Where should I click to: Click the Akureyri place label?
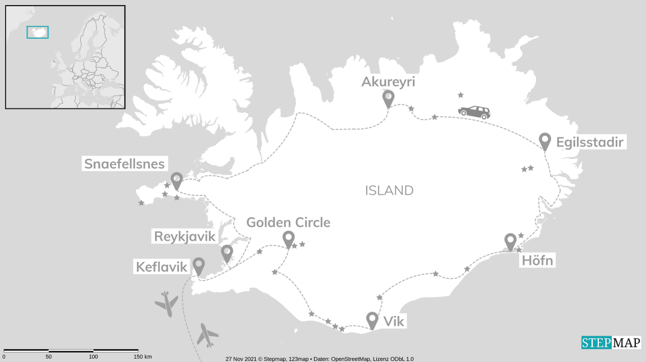388,82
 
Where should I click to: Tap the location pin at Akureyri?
388,98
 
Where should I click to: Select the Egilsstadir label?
590,143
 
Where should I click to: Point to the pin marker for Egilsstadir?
544,140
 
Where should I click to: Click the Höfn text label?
537,260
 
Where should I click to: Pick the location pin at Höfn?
510,241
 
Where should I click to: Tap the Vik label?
393,322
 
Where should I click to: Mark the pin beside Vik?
372,320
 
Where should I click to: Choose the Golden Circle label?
288,222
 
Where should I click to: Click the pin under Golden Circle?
288,239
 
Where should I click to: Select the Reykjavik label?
185,236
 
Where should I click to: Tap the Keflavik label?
161,267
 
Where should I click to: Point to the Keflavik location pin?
199,265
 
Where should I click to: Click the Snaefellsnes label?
124,164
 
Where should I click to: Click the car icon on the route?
474,112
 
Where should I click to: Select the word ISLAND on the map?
389,191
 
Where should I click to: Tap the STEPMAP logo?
611,342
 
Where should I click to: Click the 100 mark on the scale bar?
93,356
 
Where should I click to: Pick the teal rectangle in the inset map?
38,32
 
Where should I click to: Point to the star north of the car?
461,95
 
